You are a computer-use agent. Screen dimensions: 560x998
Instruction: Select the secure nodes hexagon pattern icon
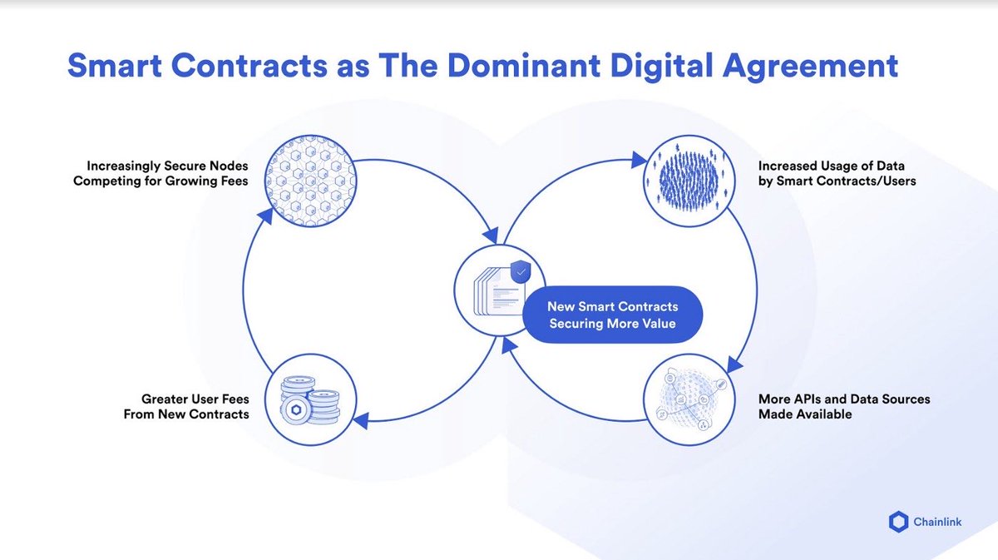click(310, 181)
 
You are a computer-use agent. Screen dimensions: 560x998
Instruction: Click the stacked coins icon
click(311, 398)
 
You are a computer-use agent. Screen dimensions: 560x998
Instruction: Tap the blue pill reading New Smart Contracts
click(612, 315)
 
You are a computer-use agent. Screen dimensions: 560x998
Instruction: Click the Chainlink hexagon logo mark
click(899, 522)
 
